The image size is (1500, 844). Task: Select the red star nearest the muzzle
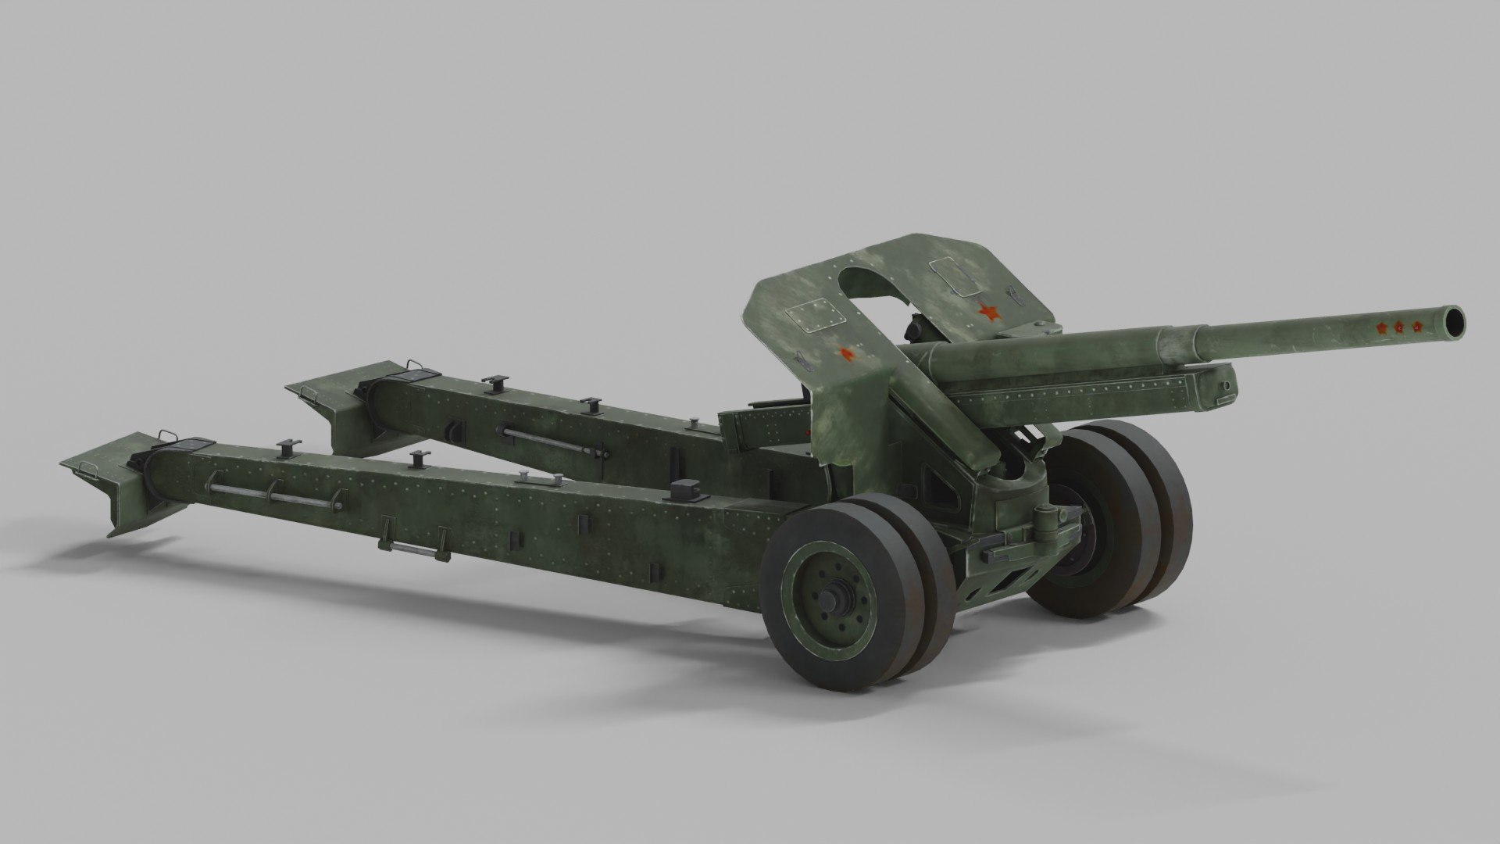tap(1417, 326)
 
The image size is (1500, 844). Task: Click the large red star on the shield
tap(989, 313)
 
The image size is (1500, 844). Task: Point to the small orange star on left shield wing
tap(846, 354)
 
